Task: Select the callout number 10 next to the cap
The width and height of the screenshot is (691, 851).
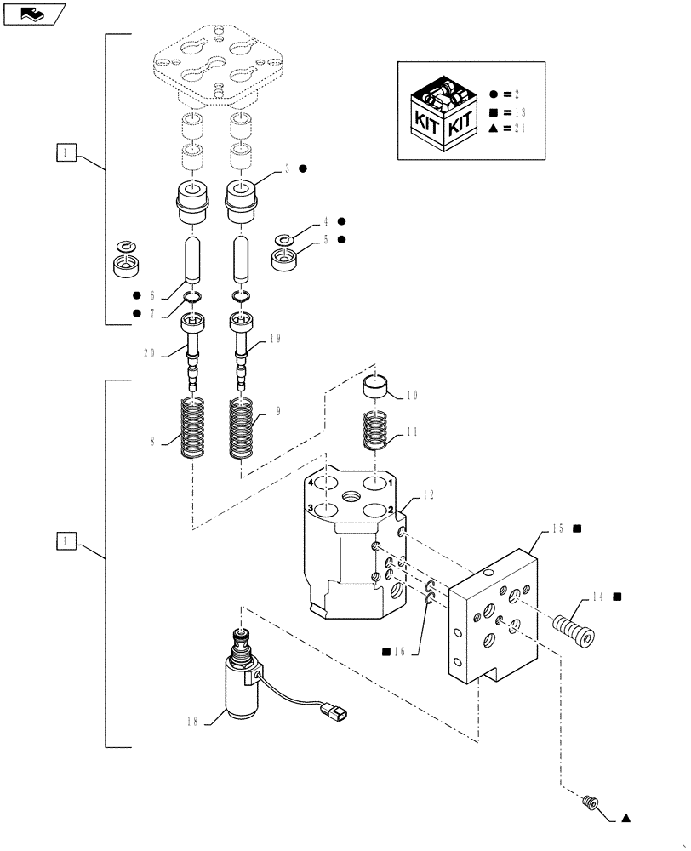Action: pyautogui.click(x=412, y=395)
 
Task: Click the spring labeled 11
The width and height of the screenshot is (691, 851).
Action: pyautogui.click(x=375, y=430)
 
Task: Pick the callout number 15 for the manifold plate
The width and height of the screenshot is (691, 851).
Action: pyautogui.click(x=557, y=528)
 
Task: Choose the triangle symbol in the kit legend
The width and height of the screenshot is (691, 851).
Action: pyautogui.click(x=495, y=129)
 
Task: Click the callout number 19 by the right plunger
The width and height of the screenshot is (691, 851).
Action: pyautogui.click(x=274, y=338)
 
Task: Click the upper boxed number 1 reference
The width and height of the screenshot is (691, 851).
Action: pyautogui.click(x=66, y=153)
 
